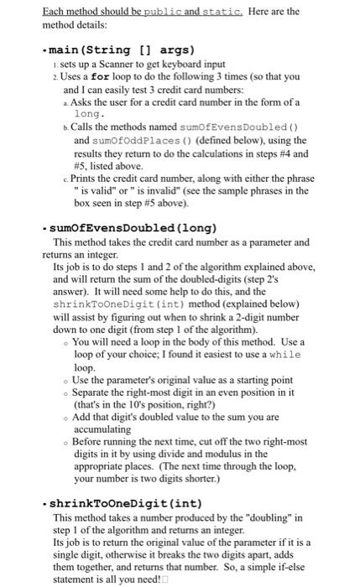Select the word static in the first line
222,13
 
